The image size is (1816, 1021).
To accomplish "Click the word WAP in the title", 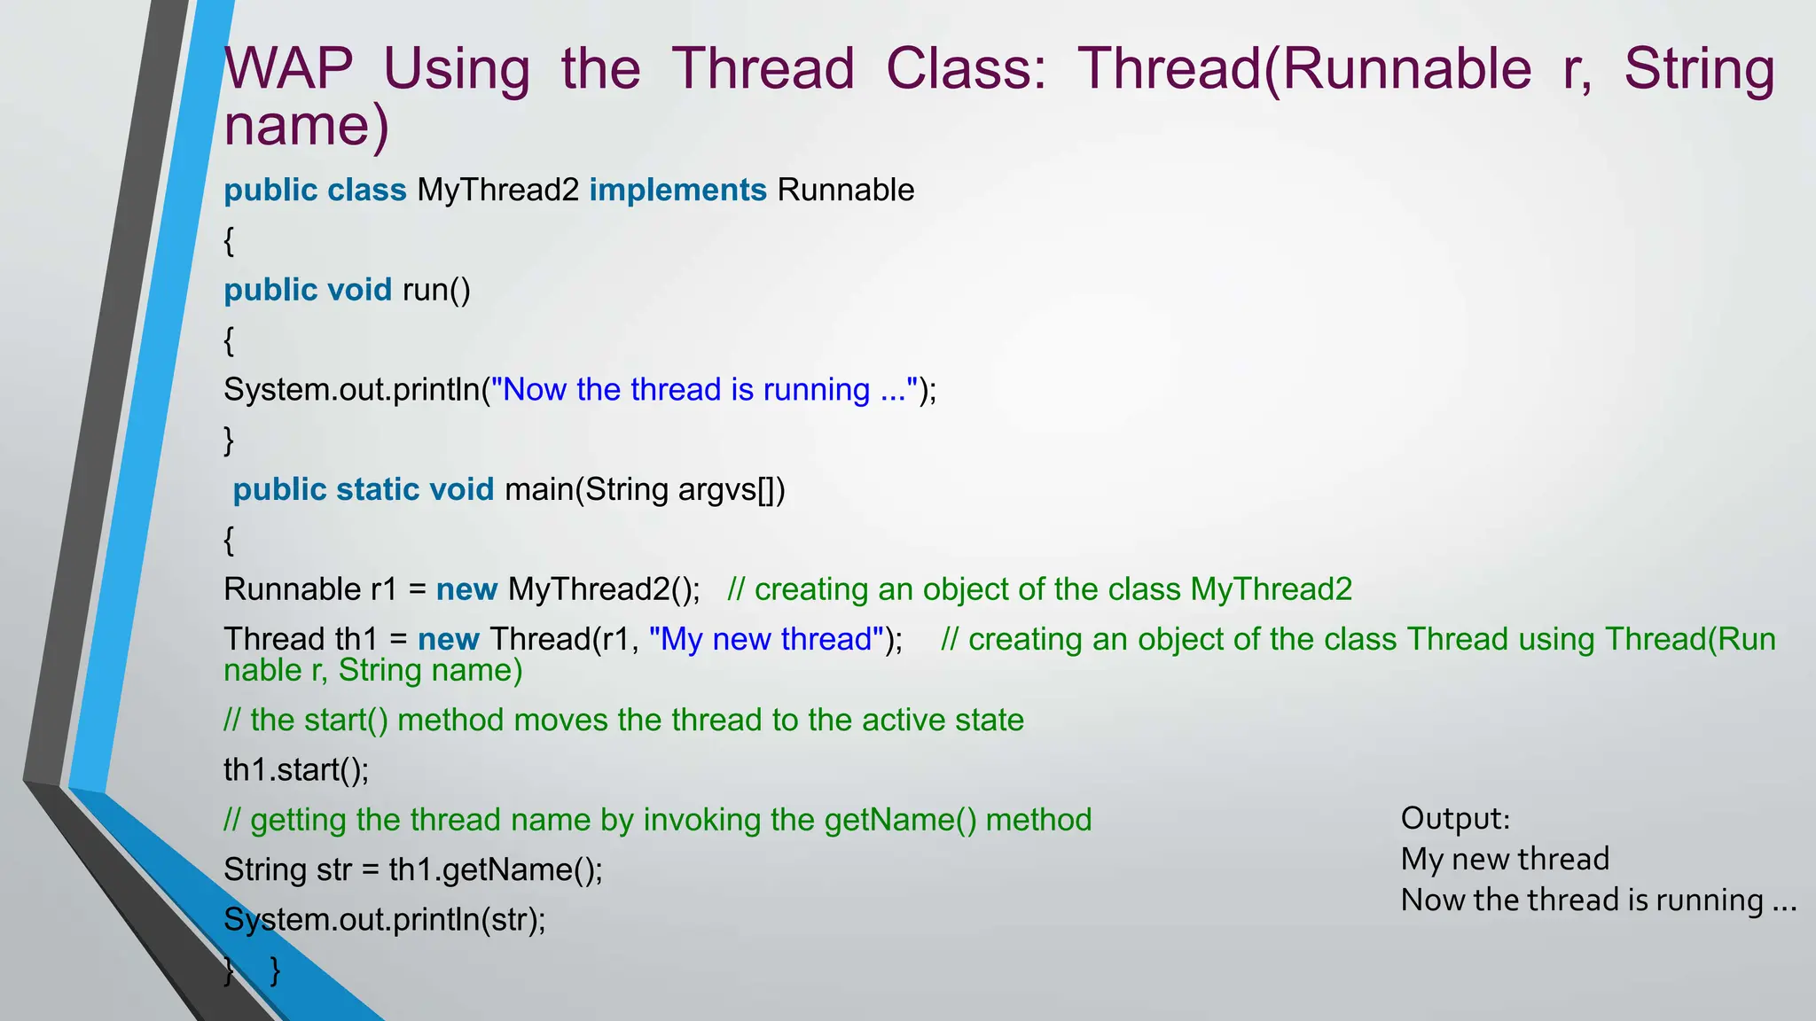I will click(288, 69).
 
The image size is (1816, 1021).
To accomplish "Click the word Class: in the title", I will click(966, 69).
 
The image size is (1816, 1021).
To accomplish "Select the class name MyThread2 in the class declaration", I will click(497, 191).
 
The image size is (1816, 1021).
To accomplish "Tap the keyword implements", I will click(677, 191).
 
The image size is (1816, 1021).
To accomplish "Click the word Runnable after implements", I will click(845, 191).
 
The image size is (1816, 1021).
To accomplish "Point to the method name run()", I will click(436, 291).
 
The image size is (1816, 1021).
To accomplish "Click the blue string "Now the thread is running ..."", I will click(704, 390).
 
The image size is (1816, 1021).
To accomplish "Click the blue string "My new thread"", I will click(766, 639).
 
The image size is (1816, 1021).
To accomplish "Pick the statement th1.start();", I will click(296, 770).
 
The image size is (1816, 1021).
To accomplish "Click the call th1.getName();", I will click(495, 870).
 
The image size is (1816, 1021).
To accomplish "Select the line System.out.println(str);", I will click(384, 920).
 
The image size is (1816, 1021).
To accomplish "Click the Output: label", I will click(1455, 818).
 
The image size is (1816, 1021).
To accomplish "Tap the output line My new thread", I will click(1504, 859).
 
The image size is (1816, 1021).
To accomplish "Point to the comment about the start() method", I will click(623, 720).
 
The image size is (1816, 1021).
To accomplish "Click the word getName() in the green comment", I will click(899, 820).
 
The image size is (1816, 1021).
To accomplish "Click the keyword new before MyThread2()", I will click(466, 589).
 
